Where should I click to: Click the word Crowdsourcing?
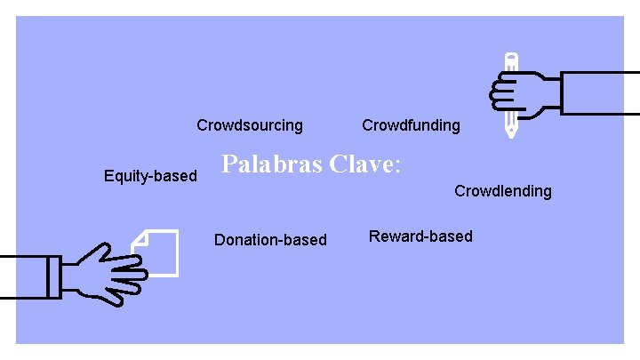coord(249,125)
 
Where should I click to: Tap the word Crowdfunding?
coord(411,125)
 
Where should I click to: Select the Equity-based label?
coord(150,176)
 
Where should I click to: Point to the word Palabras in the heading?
coord(271,164)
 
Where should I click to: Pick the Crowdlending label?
coord(502,191)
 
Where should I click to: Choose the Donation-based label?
coord(270,240)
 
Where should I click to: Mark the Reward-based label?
coord(420,236)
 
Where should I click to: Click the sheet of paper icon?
coord(160,252)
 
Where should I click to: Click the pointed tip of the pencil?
coord(511,134)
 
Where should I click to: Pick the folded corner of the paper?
coord(139,237)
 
